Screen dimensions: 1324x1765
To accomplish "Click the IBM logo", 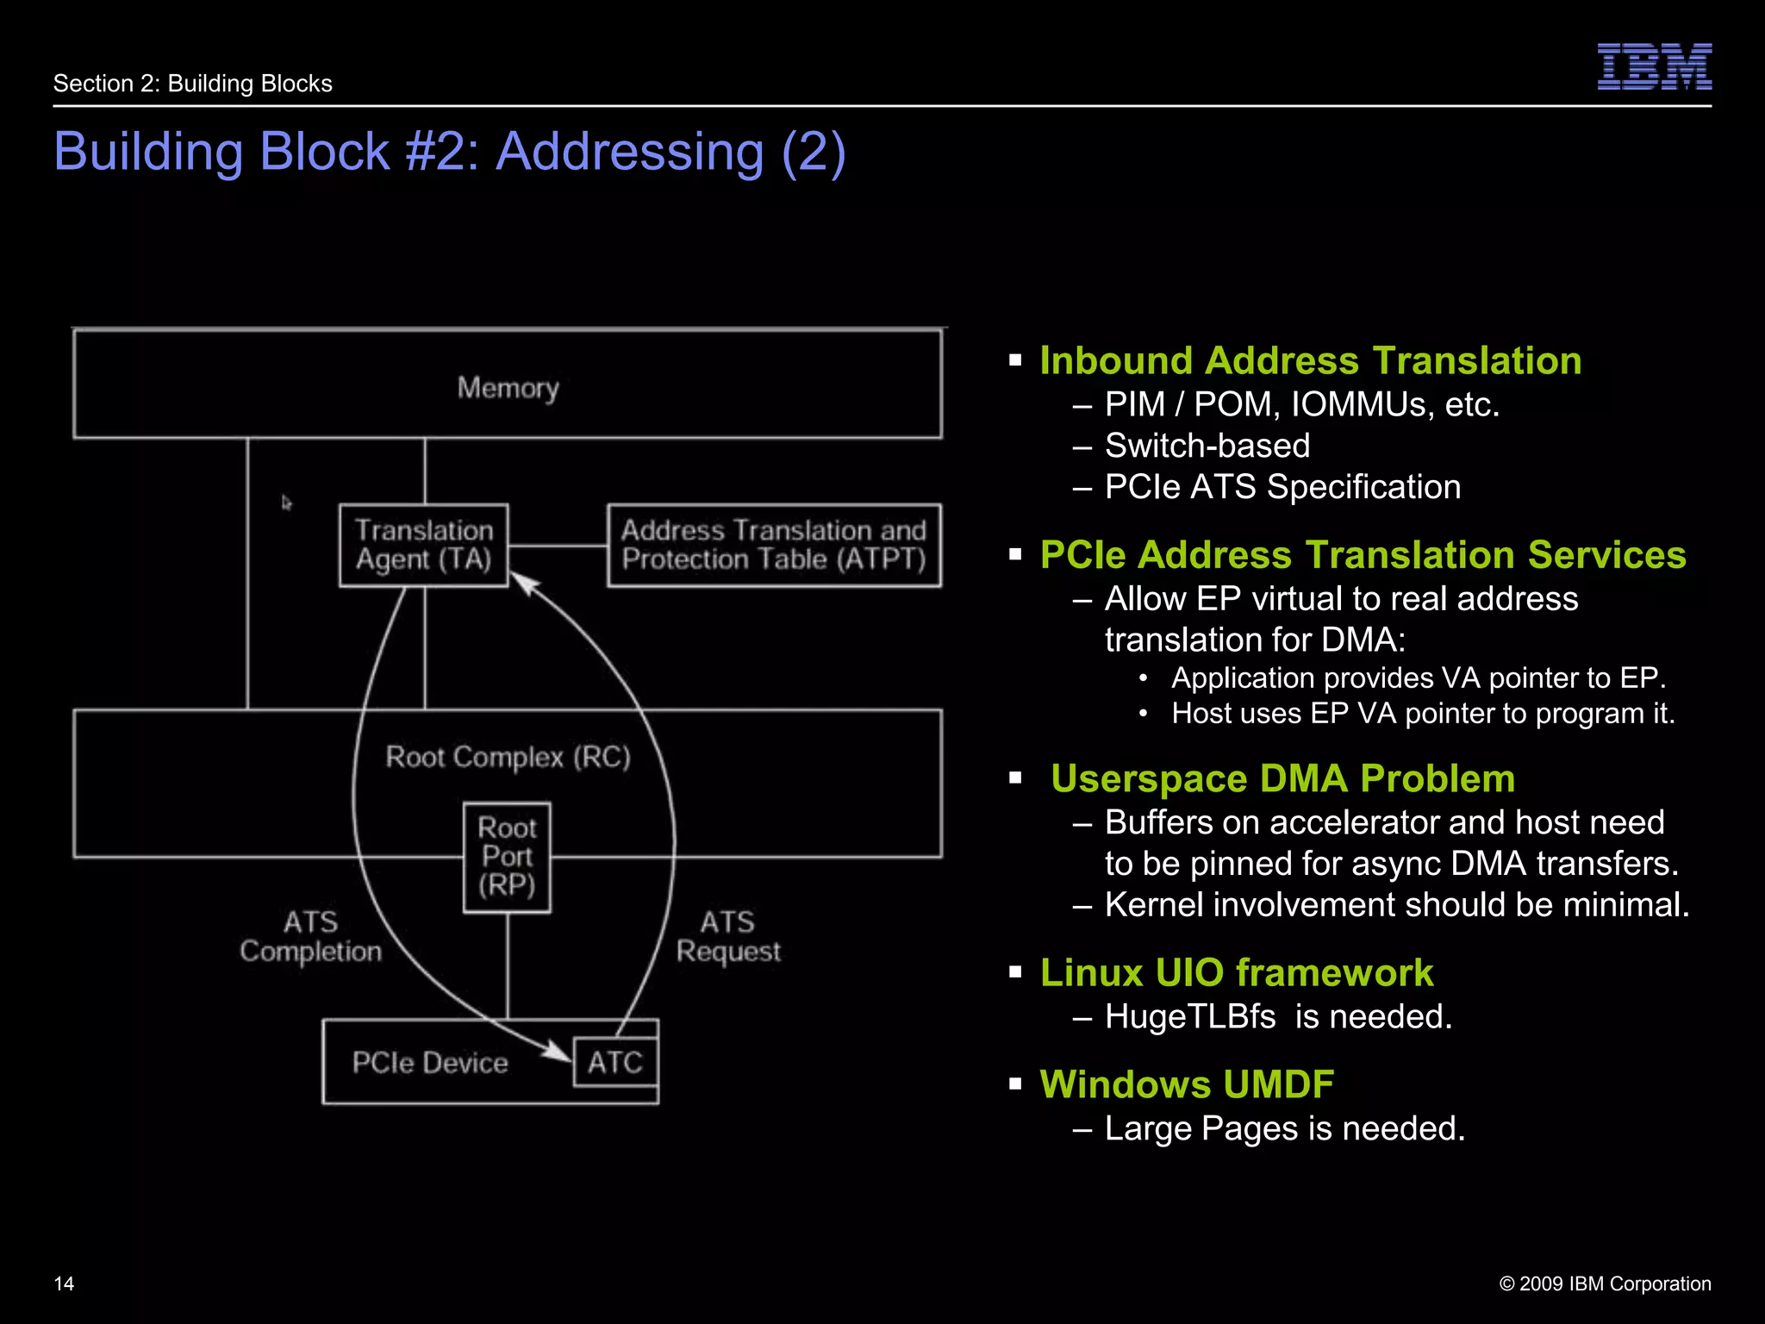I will [x=1654, y=66].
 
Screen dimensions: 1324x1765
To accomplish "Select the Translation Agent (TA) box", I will [x=423, y=545].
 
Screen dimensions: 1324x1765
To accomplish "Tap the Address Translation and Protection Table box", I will [x=773, y=545].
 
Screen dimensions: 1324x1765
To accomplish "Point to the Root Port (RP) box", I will [x=507, y=857].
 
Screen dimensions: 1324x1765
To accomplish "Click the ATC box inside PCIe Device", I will [x=614, y=1062].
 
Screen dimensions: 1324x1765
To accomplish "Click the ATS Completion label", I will [x=310, y=936].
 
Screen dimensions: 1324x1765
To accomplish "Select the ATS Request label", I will [x=728, y=936].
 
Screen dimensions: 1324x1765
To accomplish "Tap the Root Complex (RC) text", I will [x=508, y=757].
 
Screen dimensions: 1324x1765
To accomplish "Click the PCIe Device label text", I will [x=429, y=1063].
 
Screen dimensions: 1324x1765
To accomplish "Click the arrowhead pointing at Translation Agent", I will [x=526, y=584].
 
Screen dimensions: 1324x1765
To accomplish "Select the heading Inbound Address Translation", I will [x=1310, y=360].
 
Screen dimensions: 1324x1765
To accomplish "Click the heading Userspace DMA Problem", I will [x=1282, y=778].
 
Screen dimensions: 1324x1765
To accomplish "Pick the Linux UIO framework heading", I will [x=1236, y=972].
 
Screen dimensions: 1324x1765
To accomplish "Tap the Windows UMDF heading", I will [x=1186, y=1084].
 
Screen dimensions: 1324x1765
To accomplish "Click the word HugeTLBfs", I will [x=1189, y=1017].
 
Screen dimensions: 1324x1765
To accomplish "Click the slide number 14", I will [x=64, y=1283].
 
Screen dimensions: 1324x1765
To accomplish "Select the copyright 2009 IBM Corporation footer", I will [x=1605, y=1283].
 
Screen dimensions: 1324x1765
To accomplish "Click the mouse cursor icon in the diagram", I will [x=286, y=503].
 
